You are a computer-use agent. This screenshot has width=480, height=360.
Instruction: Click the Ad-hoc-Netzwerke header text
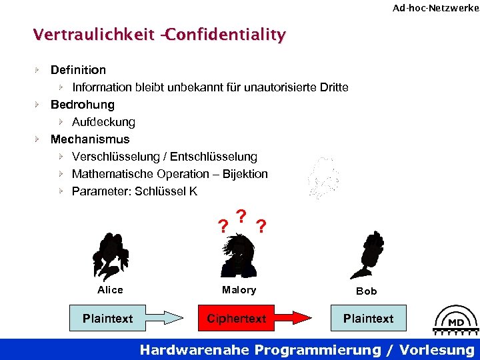(x=435, y=8)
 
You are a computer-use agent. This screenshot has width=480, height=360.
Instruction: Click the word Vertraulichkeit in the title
(x=94, y=34)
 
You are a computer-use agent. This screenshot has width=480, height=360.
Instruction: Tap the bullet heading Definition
(x=78, y=70)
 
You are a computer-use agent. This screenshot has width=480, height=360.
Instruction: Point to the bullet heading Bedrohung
(x=82, y=105)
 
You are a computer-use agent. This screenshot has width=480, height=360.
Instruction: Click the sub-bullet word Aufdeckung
(x=103, y=122)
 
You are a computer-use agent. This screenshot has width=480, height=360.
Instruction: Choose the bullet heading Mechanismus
(x=90, y=139)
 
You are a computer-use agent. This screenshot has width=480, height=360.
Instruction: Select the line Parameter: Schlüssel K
(x=135, y=191)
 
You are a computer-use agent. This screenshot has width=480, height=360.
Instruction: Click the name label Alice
(x=110, y=290)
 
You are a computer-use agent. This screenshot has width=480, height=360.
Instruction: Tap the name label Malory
(x=239, y=290)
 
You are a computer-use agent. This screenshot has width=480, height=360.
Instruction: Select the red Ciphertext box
(x=237, y=319)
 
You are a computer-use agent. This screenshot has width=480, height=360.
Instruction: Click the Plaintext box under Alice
(x=108, y=319)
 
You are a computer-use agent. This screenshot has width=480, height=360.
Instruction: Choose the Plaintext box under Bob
(x=368, y=319)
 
